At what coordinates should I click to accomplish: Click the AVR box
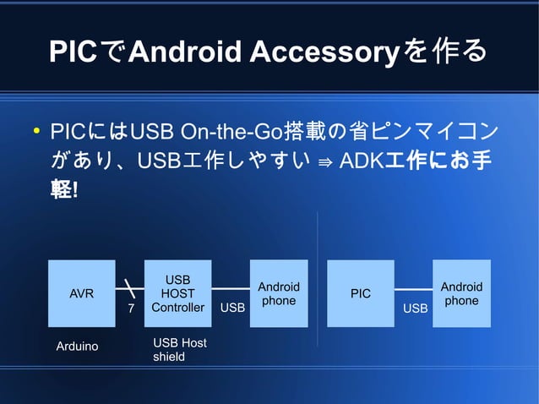(x=81, y=293)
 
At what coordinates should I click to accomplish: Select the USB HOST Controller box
(x=177, y=293)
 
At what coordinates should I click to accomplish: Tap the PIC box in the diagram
(x=360, y=293)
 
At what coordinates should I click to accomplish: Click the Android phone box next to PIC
(x=461, y=293)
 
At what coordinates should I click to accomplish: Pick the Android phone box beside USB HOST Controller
(x=279, y=293)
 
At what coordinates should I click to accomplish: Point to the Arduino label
(x=77, y=347)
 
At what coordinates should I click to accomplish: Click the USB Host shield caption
(x=179, y=349)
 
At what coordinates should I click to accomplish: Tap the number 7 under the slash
(x=130, y=309)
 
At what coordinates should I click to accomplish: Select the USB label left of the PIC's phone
(x=415, y=308)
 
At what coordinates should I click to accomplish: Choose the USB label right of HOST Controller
(x=232, y=308)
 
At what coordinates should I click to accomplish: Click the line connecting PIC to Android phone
(x=413, y=289)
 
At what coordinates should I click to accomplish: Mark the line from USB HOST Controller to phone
(x=231, y=289)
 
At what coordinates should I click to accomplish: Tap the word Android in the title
(x=187, y=52)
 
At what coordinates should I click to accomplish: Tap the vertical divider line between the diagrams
(x=318, y=279)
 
